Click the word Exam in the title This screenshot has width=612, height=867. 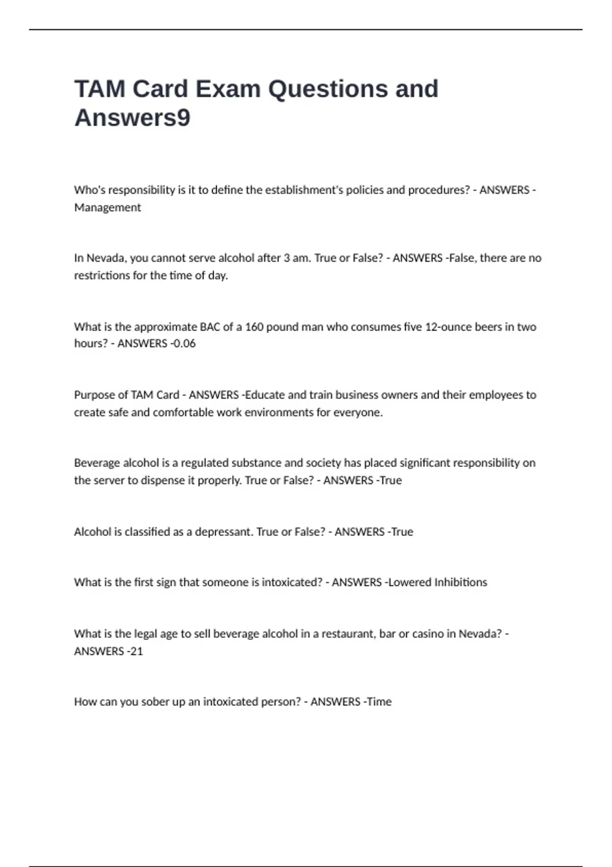pyautogui.click(x=228, y=89)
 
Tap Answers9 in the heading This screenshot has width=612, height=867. pyautogui.click(x=133, y=118)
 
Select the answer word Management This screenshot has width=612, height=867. pyautogui.click(x=108, y=208)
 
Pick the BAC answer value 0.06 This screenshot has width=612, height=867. pyautogui.click(x=184, y=344)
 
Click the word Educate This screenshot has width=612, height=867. pyautogui.click(x=265, y=395)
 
